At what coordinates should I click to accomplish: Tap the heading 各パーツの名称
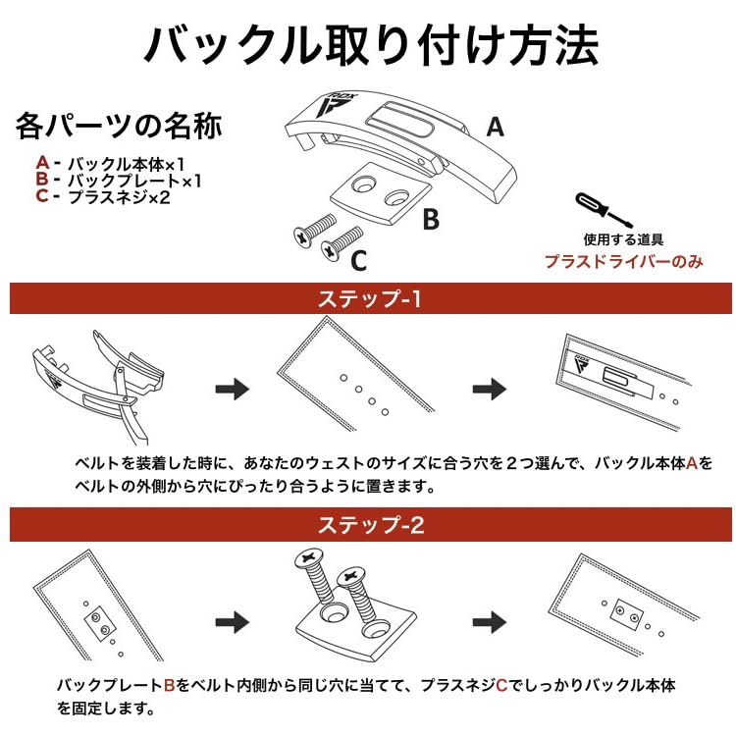119,127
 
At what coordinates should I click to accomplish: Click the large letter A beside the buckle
496,127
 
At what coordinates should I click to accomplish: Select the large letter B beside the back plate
431,220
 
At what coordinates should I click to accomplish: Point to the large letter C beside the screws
359,260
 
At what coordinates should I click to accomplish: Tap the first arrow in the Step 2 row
232,621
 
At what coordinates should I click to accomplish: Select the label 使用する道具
624,238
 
